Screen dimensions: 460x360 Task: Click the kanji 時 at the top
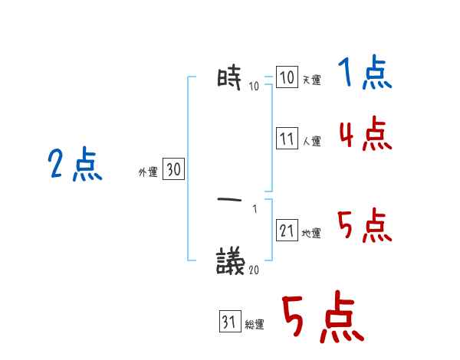230,77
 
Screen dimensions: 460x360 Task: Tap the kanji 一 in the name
230,200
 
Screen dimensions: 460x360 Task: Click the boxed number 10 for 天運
287,78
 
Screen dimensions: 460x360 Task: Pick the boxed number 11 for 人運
287,139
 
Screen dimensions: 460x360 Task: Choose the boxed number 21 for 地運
287,231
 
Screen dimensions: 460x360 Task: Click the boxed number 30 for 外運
173,170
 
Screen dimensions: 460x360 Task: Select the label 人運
311,142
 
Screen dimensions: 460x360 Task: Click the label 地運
311,233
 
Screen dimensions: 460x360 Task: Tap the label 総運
255,325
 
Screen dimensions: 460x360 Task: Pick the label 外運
147,173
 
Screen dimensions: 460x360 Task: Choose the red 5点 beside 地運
365,227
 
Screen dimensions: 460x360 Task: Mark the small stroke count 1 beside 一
255,208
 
